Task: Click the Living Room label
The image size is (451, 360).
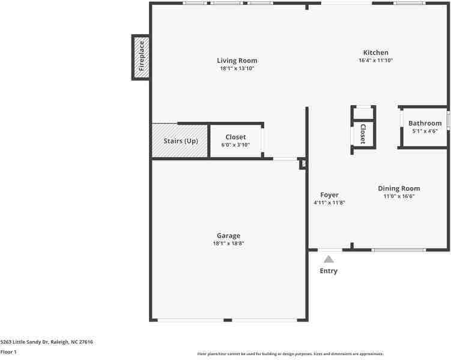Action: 237,61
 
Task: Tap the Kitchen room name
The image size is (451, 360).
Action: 375,53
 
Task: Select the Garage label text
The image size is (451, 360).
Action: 228,236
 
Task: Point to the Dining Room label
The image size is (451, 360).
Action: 399,188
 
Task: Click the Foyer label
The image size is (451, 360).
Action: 329,195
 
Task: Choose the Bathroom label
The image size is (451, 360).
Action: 425,124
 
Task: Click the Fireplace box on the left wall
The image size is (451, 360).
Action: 141,58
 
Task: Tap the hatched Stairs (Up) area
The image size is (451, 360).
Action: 180,141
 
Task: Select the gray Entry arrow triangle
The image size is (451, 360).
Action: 328,259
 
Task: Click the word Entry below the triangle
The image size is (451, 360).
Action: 328,271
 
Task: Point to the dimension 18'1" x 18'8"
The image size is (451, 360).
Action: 228,244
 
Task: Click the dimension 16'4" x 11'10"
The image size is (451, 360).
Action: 375,61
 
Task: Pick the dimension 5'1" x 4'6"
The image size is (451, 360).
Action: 425,131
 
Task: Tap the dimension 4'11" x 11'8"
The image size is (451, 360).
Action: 329,203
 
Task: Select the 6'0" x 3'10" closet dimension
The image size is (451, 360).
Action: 235,145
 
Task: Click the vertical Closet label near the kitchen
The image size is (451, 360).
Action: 363,134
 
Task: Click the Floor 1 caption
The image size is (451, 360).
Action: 8,352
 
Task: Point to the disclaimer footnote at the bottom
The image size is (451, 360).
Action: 290,354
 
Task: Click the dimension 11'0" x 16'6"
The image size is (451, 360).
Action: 399,196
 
